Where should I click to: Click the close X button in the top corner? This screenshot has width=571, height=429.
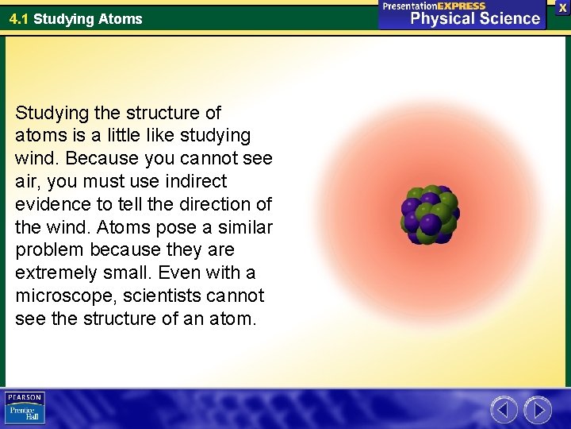(561, 6)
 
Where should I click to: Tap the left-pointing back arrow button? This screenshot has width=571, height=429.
(504, 410)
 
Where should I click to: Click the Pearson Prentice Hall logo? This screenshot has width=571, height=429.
(25, 408)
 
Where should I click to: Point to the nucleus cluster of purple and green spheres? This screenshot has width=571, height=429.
(429, 215)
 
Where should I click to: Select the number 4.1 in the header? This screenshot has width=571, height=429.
(19, 18)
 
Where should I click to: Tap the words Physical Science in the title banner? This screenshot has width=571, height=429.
(474, 18)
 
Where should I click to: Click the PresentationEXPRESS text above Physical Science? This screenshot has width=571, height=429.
(434, 6)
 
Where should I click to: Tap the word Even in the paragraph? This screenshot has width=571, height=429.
(179, 273)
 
